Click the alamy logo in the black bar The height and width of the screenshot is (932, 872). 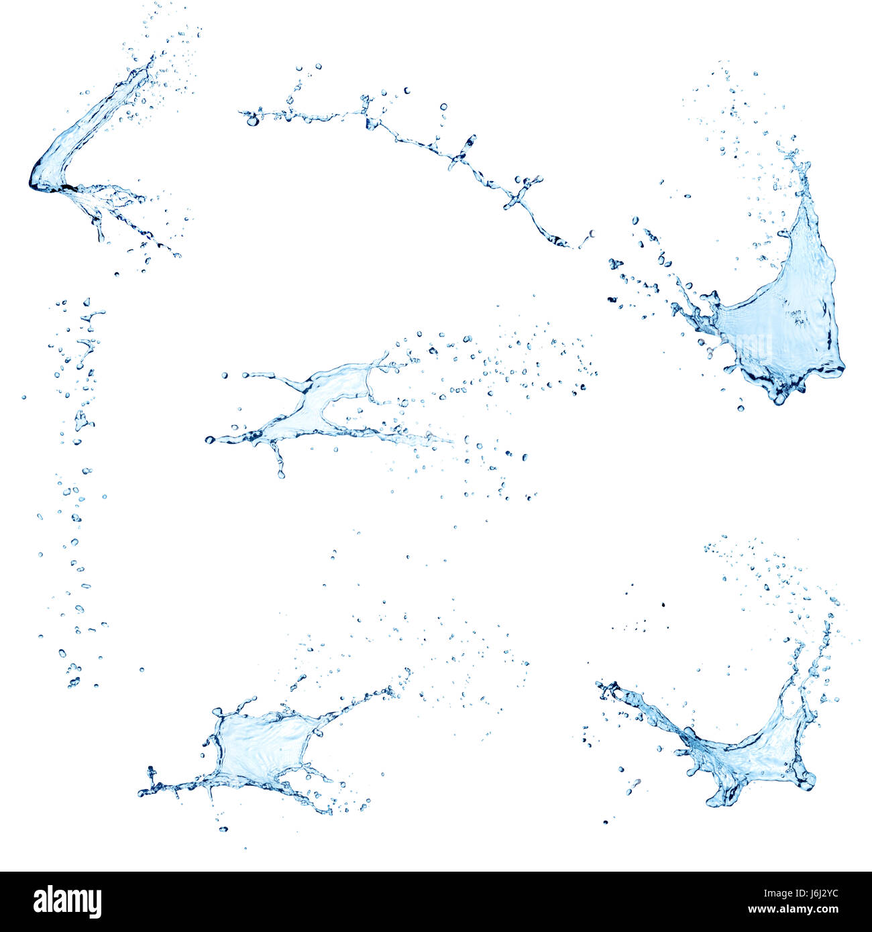click(x=67, y=901)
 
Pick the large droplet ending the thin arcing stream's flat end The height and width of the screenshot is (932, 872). click(x=252, y=121)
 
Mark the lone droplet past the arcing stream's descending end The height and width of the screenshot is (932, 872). click(x=592, y=233)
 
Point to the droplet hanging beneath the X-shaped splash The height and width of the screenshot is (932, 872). click(x=281, y=473)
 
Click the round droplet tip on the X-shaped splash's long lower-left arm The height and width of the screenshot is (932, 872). click(x=210, y=440)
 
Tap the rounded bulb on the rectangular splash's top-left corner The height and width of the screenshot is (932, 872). click(x=217, y=711)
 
